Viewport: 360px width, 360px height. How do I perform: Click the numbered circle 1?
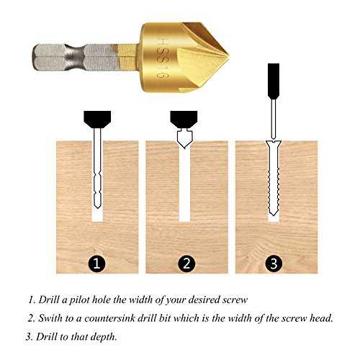coord(96,263)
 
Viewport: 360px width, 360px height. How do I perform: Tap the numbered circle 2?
coord(186,263)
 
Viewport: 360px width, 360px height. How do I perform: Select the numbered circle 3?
coord(274,263)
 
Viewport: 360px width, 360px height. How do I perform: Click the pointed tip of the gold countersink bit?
coord(229,57)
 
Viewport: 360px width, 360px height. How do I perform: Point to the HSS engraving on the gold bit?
coord(163,58)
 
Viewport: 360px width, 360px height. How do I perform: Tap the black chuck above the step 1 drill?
coord(97,119)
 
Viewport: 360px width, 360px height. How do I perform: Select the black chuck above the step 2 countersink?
coord(184,119)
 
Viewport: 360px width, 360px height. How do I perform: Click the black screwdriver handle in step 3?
coord(274,81)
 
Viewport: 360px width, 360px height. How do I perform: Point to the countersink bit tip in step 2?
coord(184,148)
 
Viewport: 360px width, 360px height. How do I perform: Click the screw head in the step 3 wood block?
coord(274,143)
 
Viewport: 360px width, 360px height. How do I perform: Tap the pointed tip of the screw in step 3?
coord(274,214)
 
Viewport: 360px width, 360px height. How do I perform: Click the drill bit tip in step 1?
coord(97,207)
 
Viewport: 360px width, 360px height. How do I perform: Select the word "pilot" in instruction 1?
coord(79,300)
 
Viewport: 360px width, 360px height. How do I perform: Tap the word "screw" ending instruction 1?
coord(235,300)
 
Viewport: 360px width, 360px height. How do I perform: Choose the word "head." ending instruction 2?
coord(321,318)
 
